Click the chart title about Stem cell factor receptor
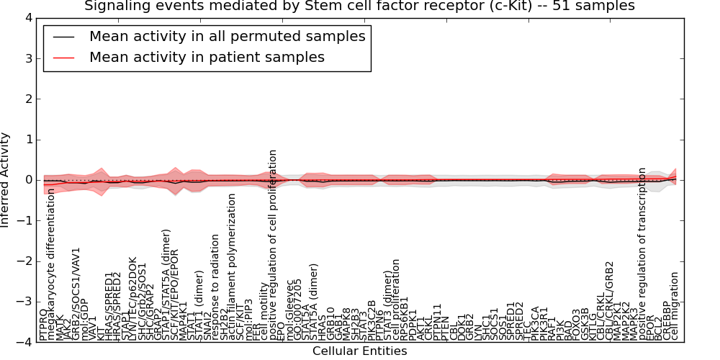359,6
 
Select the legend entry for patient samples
207,57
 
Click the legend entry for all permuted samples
227,36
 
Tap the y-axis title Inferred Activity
6,180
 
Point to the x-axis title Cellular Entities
359,351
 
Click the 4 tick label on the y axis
27,17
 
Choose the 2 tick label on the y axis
27,99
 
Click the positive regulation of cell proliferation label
273,245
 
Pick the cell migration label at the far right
675,306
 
